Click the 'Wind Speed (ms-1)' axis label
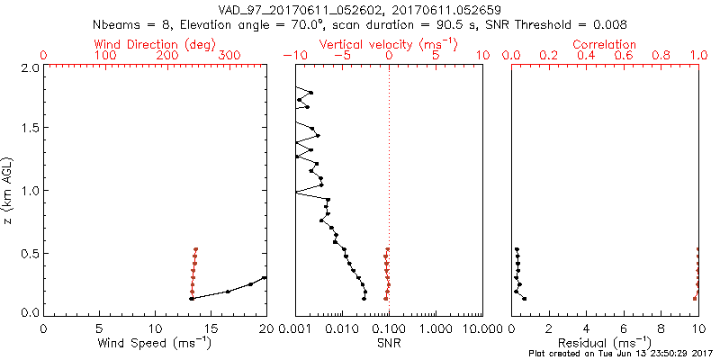pyautogui.click(x=155, y=343)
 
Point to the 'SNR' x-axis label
pyautogui.click(x=388, y=343)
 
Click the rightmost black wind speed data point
pyautogui.click(x=265, y=278)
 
